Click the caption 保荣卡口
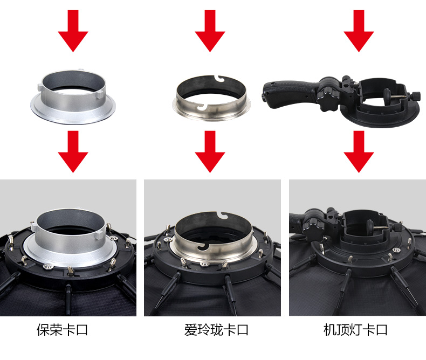62,330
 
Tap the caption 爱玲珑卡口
216,330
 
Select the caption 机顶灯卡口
355,330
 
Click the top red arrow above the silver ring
73,31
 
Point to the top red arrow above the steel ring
210,31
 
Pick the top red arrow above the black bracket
359,31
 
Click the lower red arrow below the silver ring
73,151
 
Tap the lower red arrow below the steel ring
210,151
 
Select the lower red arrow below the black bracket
359,151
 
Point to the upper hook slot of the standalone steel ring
221,78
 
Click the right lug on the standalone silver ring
99,94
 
